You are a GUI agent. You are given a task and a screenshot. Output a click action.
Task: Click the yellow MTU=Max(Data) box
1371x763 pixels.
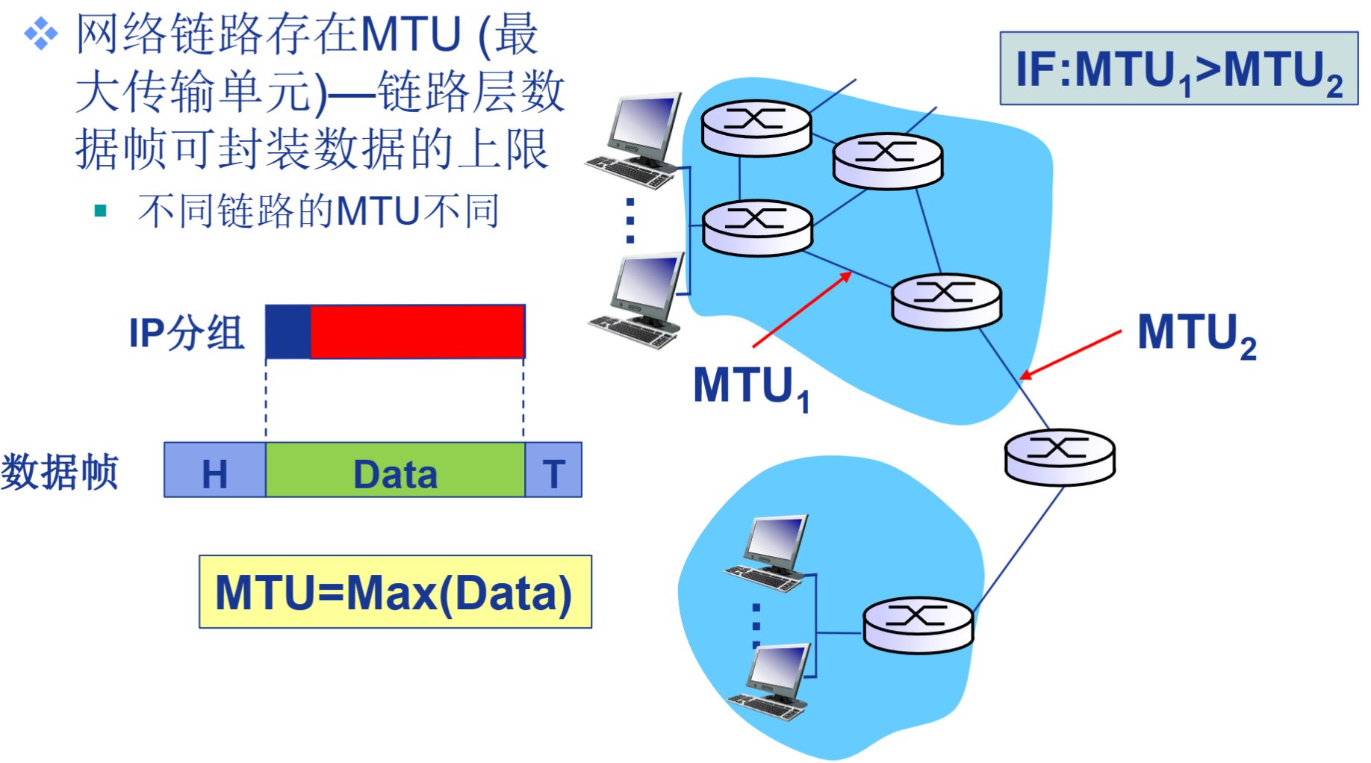[395, 591]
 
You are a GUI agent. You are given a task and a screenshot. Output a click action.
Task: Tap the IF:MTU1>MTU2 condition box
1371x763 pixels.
[1178, 69]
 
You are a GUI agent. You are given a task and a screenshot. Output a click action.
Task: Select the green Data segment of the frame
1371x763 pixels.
[395, 470]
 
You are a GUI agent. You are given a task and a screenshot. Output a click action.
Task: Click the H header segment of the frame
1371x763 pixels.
[215, 470]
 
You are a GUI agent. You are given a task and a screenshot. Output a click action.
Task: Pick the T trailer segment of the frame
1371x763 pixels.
[553, 470]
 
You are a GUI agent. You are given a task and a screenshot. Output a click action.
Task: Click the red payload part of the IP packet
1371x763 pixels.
[417, 331]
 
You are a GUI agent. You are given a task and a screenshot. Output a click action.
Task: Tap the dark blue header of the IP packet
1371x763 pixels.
[288, 331]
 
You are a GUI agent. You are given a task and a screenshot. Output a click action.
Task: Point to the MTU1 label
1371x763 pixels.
[750, 387]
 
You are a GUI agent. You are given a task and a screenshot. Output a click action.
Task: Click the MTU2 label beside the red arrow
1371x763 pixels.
[1196, 334]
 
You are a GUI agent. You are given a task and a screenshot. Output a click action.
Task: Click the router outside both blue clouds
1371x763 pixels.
[1060, 457]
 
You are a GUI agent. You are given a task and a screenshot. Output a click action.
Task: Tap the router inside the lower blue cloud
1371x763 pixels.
[918, 625]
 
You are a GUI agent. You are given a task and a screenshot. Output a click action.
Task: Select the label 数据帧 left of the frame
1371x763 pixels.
[60, 472]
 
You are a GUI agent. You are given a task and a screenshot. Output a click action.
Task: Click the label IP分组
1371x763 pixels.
[186, 333]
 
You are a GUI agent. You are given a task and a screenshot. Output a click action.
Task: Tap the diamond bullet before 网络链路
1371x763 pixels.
[41, 34]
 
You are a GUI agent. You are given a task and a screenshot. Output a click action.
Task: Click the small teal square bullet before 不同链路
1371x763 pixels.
[101, 211]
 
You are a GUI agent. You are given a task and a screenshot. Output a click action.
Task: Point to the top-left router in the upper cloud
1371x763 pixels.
[756, 128]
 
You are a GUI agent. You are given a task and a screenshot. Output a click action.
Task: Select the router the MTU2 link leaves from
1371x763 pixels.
[946, 301]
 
